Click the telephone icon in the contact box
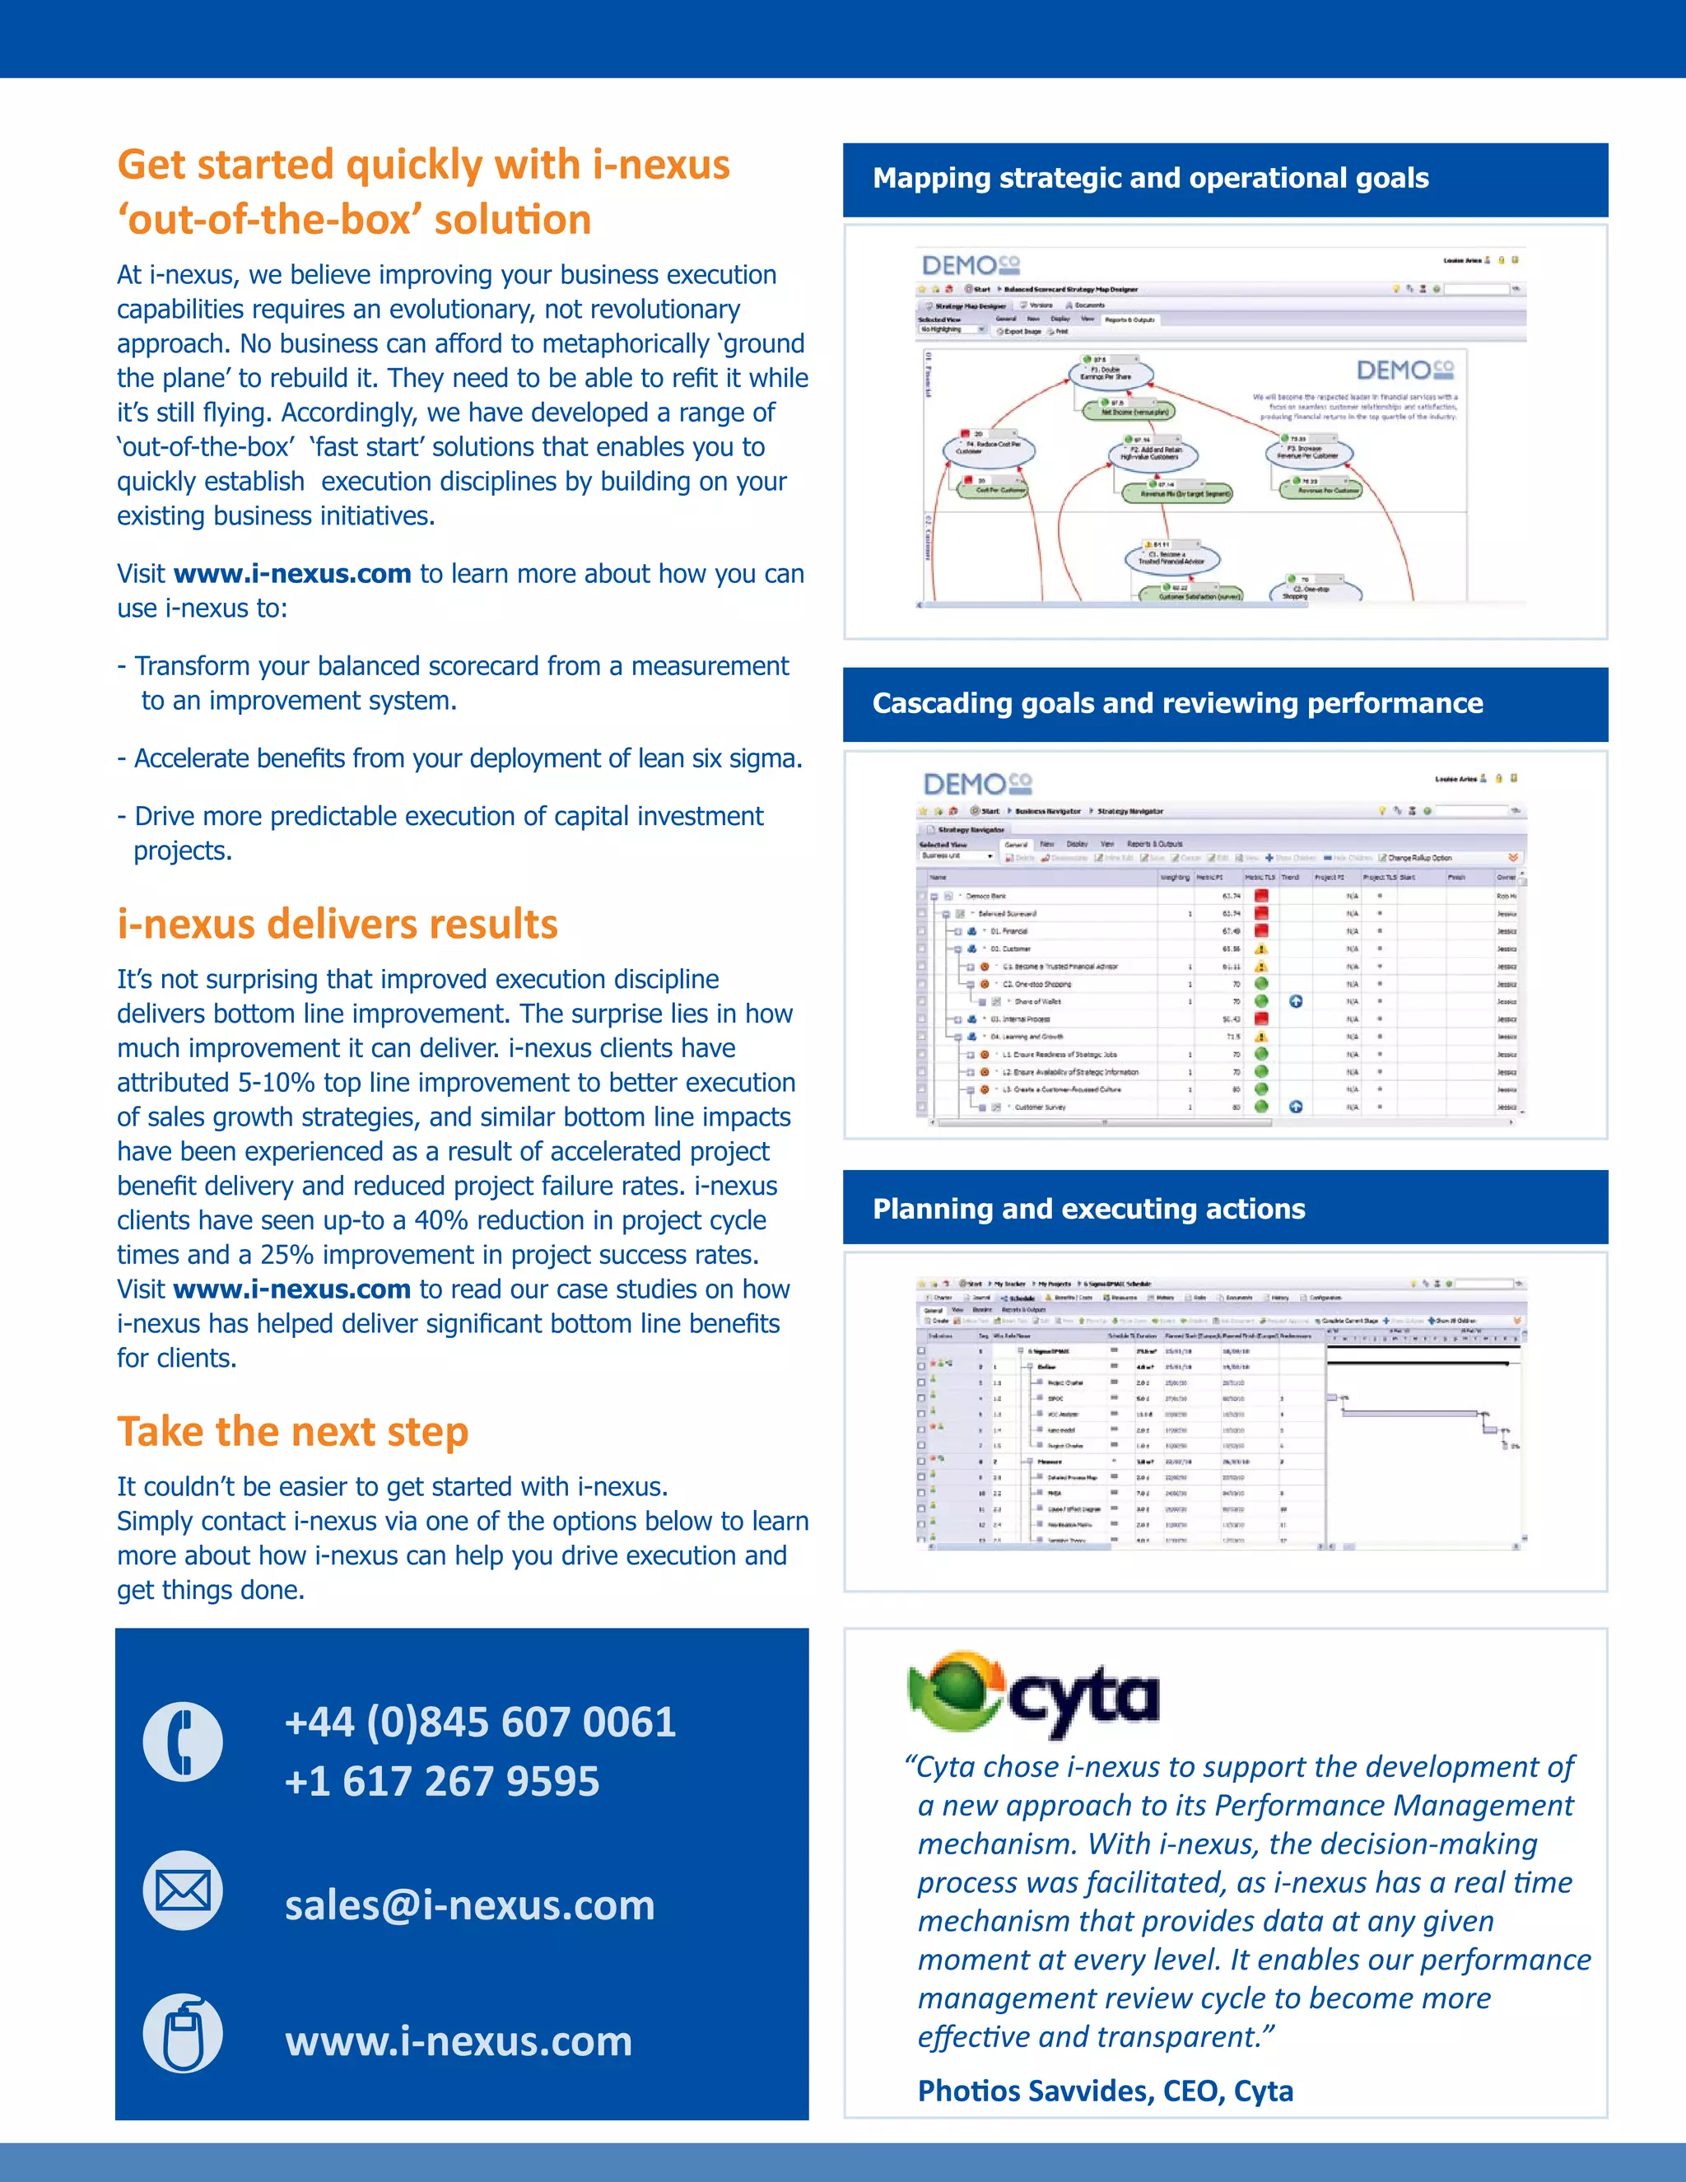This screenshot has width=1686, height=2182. [x=183, y=1741]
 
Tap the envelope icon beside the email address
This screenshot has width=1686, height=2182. [x=183, y=1891]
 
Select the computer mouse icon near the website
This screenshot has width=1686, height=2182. [x=183, y=2034]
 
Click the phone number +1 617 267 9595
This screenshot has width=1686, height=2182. [x=441, y=1781]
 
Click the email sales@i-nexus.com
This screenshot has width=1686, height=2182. [x=469, y=1905]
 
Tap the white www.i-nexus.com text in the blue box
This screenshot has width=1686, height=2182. [x=459, y=2041]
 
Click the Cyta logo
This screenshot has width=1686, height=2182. [x=1033, y=1695]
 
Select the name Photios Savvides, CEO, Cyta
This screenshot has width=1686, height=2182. [x=1105, y=2091]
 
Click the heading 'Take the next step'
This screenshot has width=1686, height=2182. [x=292, y=1432]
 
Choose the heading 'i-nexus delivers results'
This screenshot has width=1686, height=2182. [x=337, y=924]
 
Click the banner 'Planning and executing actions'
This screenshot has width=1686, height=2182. [x=1088, y=1209]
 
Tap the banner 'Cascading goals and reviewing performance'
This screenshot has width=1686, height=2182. [x=1176, y=703]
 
